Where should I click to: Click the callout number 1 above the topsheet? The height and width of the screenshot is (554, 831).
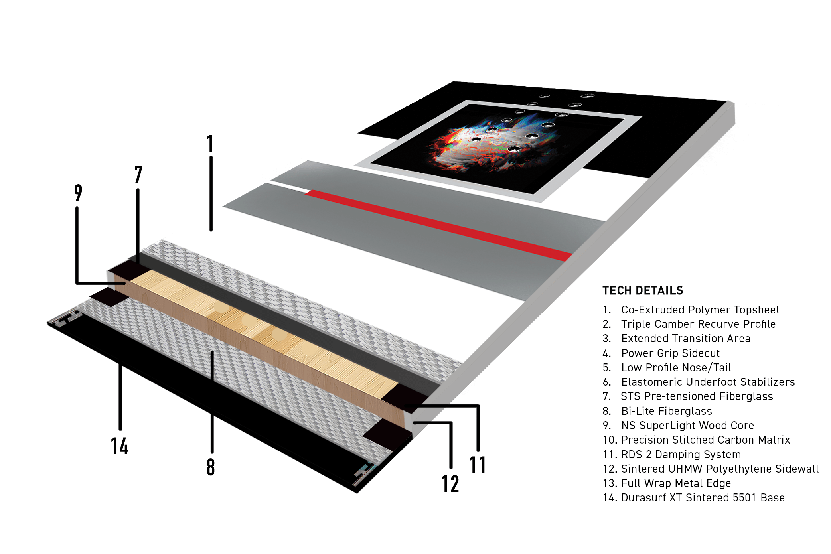pyautogui.click(x=210, y=144)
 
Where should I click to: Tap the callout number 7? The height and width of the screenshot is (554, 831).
pyautogui.click(x=138, y=174)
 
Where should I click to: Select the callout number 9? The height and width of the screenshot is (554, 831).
pyautogui.click(x=78, y=193)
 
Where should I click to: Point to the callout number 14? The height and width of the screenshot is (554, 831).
pyautogui.click(x=120, y=446)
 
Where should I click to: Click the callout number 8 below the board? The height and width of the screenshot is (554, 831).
pyautogui.click(x=211, y=467)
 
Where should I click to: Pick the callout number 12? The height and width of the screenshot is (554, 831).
pyautogui.click(x=450, y=484)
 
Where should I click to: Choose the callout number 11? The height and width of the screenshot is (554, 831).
pyautogui.click(x=478, y=465)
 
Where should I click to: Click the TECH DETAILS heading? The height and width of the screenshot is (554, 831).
pyautogui.click(x=643, y=290)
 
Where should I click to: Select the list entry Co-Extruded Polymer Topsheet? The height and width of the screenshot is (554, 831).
pyautogui.click(x=691, y=310)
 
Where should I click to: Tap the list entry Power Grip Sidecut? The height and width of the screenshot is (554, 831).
pyautogui.click(x=661, y=353)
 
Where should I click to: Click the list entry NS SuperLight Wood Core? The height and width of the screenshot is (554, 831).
pyautogui.click(x=678, y=426)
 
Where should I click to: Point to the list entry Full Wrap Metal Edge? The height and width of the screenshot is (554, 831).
pyautogui.click(x=667, y=483)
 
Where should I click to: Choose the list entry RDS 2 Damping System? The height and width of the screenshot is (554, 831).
pyautogui.click(x=672, y=455)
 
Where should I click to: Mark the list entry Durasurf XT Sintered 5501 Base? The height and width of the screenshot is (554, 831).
pyautogui.click(x=694, y=498)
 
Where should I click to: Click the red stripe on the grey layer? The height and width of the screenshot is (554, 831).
pyautogui.click(x=439, y=225)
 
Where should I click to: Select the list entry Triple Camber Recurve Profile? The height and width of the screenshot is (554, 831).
pyautogui.click(x=689, y=324)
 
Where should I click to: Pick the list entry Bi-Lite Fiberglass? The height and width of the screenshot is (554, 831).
pyautogui.click(x=657, y=411)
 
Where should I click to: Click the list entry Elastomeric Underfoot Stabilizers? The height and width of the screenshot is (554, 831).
pyautogui.click(x=699, y=382)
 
